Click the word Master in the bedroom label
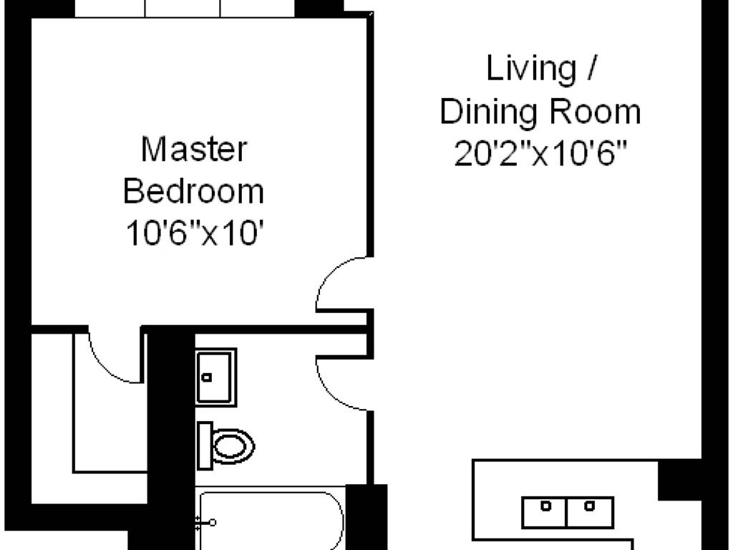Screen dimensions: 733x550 pyautogui.click(x=193, y=149)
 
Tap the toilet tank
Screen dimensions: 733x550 pyautogui.click(x=205, y=445)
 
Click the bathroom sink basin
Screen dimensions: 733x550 pyautogui.click(x=215, y=377)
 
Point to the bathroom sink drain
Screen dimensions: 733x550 pyautogui.click(x=207, y=377)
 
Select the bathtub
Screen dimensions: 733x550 pyautogui.click(x=270, y=519)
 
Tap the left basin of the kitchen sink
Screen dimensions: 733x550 pyautogui.click(x=544, y=513)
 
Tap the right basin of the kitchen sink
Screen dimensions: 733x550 pyautogui.click(x=590, y=513)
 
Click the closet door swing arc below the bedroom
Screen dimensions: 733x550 pyautogui.click(x=106, y=370)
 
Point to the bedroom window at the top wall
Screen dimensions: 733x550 pyautogui.click(x=185, y=9)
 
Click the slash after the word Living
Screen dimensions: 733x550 pyautogui.click(x=591, y=69)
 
